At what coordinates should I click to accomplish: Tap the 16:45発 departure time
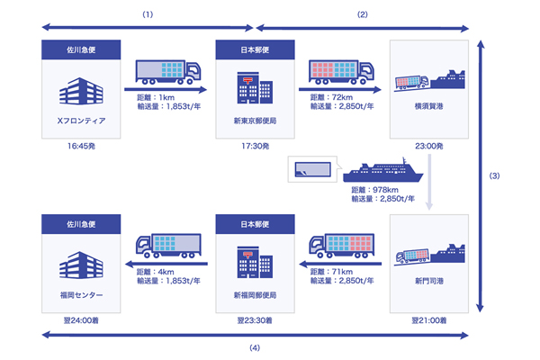(81, 145)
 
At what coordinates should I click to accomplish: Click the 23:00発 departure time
(430, 145)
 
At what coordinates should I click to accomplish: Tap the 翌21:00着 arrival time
(430, 319)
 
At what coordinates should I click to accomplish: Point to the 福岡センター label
(81, 293)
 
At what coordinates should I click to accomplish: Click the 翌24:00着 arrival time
(81, 319)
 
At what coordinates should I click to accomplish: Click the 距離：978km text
(378, 191)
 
